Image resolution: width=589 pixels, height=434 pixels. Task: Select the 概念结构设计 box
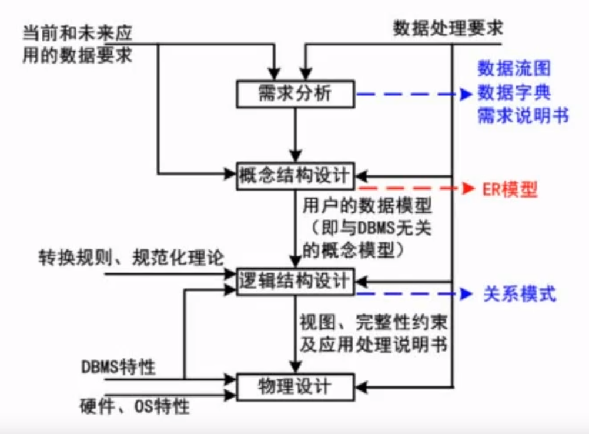295,175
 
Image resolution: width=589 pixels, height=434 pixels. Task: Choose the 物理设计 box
295,386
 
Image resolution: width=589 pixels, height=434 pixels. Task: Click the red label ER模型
509,189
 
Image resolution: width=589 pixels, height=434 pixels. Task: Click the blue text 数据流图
514,69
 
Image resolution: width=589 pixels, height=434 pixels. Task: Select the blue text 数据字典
514,92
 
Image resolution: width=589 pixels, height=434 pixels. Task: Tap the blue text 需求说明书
523,116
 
